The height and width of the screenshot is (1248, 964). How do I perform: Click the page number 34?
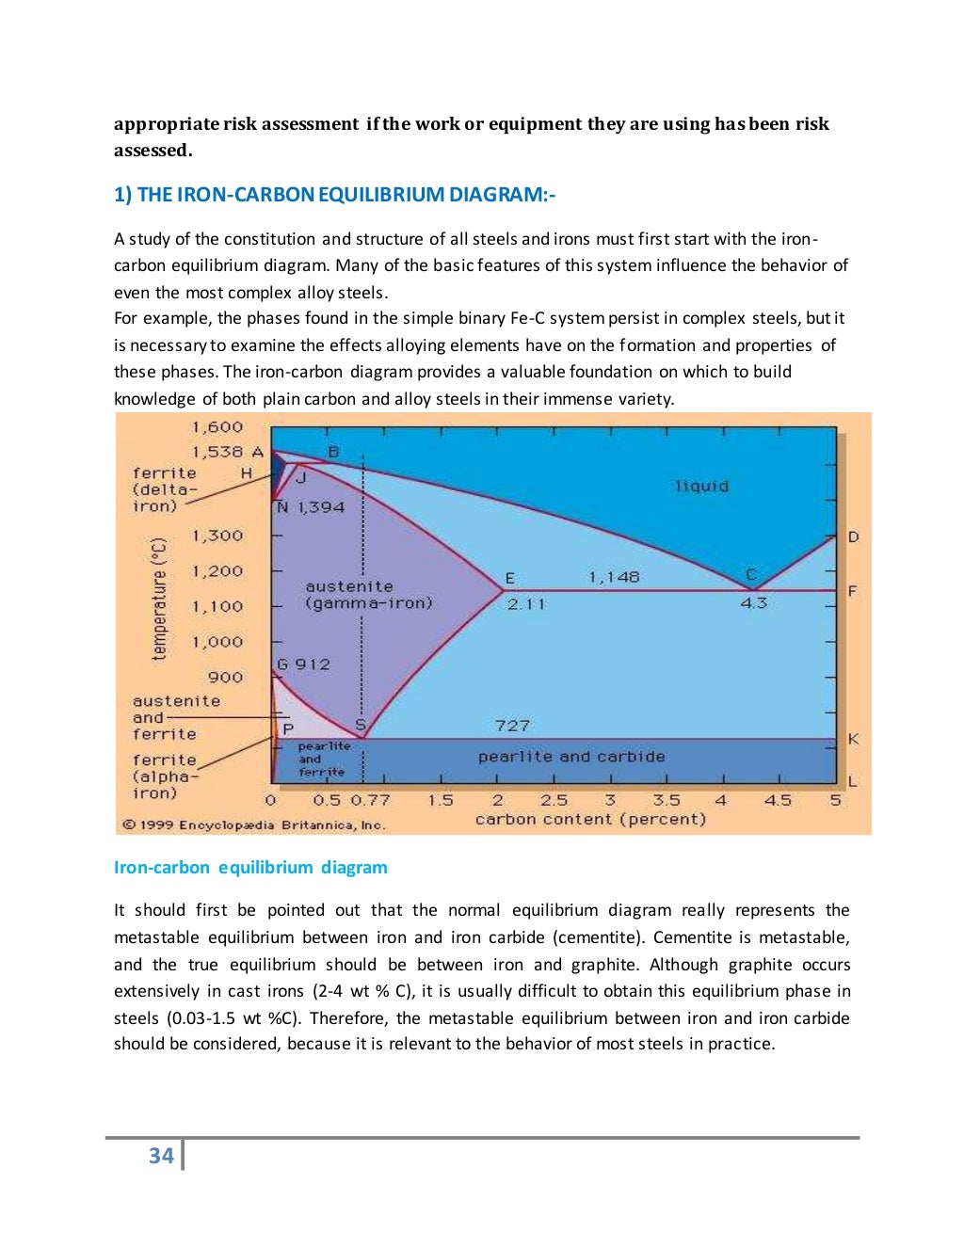[x=161, y=1156]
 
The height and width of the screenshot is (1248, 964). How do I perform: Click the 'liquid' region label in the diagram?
[x=702, y=486]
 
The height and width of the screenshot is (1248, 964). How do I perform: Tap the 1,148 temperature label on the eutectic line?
[x=614, y=576]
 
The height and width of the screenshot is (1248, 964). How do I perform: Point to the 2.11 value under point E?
[x=526, y=604]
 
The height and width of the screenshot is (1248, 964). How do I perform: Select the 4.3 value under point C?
[x=753, y=603]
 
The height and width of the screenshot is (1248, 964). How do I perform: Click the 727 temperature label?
[x=512, y=725]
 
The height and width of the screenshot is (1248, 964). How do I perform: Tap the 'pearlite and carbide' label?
[x=570, y=757]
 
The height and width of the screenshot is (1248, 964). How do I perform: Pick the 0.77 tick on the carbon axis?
[x=370, y=800]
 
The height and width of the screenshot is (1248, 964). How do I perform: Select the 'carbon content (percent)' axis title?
[x=590, y=819]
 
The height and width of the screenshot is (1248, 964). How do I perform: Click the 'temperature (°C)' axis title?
[x=159, y=599]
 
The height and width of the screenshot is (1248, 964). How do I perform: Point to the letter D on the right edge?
[x=853, y=537]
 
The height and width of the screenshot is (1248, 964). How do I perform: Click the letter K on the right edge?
[x=853, y=739]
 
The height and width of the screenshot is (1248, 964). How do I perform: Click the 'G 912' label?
[x=303, y=664]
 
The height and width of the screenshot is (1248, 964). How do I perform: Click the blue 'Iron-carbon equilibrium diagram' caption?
[x=250, y=867]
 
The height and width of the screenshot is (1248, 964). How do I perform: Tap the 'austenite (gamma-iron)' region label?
[x=368, y=594]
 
